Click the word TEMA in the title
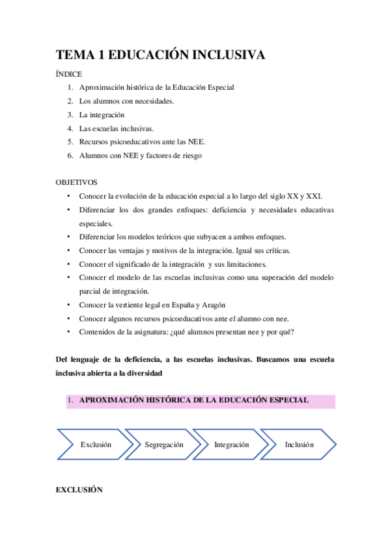[x=75, y=55]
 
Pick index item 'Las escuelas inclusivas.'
[x=116, y=128]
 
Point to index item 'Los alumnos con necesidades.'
[x=126, y=101]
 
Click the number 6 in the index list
[x=70, y=156]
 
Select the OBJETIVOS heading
[x=76, y=183]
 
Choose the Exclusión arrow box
[x=96, y=445]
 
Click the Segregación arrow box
[x=164, y=445]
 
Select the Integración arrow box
[x=231, y=445]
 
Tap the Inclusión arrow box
[x=299, y=445]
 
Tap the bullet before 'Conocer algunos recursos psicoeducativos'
[x=68, y=318]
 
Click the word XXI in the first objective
[x=315, y=196]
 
